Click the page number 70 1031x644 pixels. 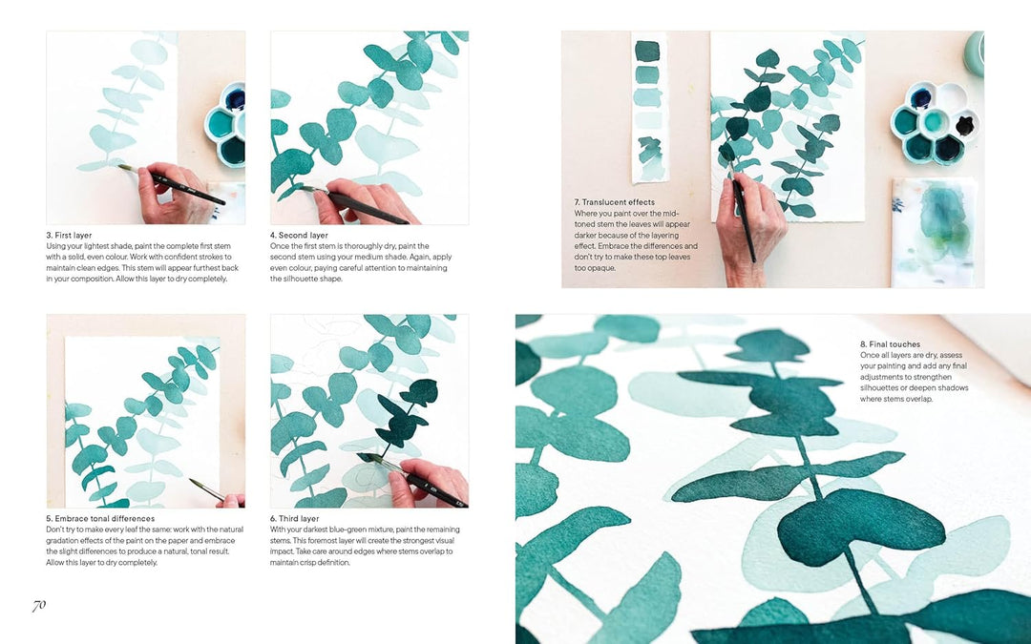[39, 605]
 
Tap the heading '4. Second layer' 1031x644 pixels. [299, 235]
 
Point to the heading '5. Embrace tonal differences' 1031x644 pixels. [101, 518]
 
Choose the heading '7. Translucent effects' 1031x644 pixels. [614, 202]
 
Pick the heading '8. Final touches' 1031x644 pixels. [891, 343]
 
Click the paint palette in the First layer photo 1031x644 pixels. [226, 124]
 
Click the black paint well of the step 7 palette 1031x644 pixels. [965, 125]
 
